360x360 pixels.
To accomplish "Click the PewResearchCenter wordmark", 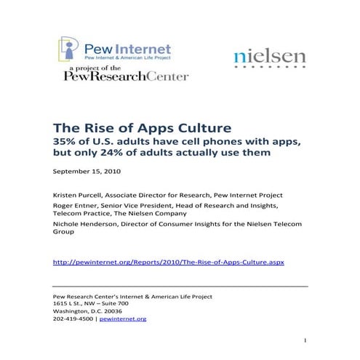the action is (126, 76).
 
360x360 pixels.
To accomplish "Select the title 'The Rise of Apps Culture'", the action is (134, 125).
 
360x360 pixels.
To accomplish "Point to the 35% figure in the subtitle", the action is (66, 140).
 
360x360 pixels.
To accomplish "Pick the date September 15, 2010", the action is (87, 172).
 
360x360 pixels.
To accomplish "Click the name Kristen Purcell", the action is (75, 196).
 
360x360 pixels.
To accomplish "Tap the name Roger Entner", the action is (73, 208).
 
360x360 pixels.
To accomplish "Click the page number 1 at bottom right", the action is (305, 340).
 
